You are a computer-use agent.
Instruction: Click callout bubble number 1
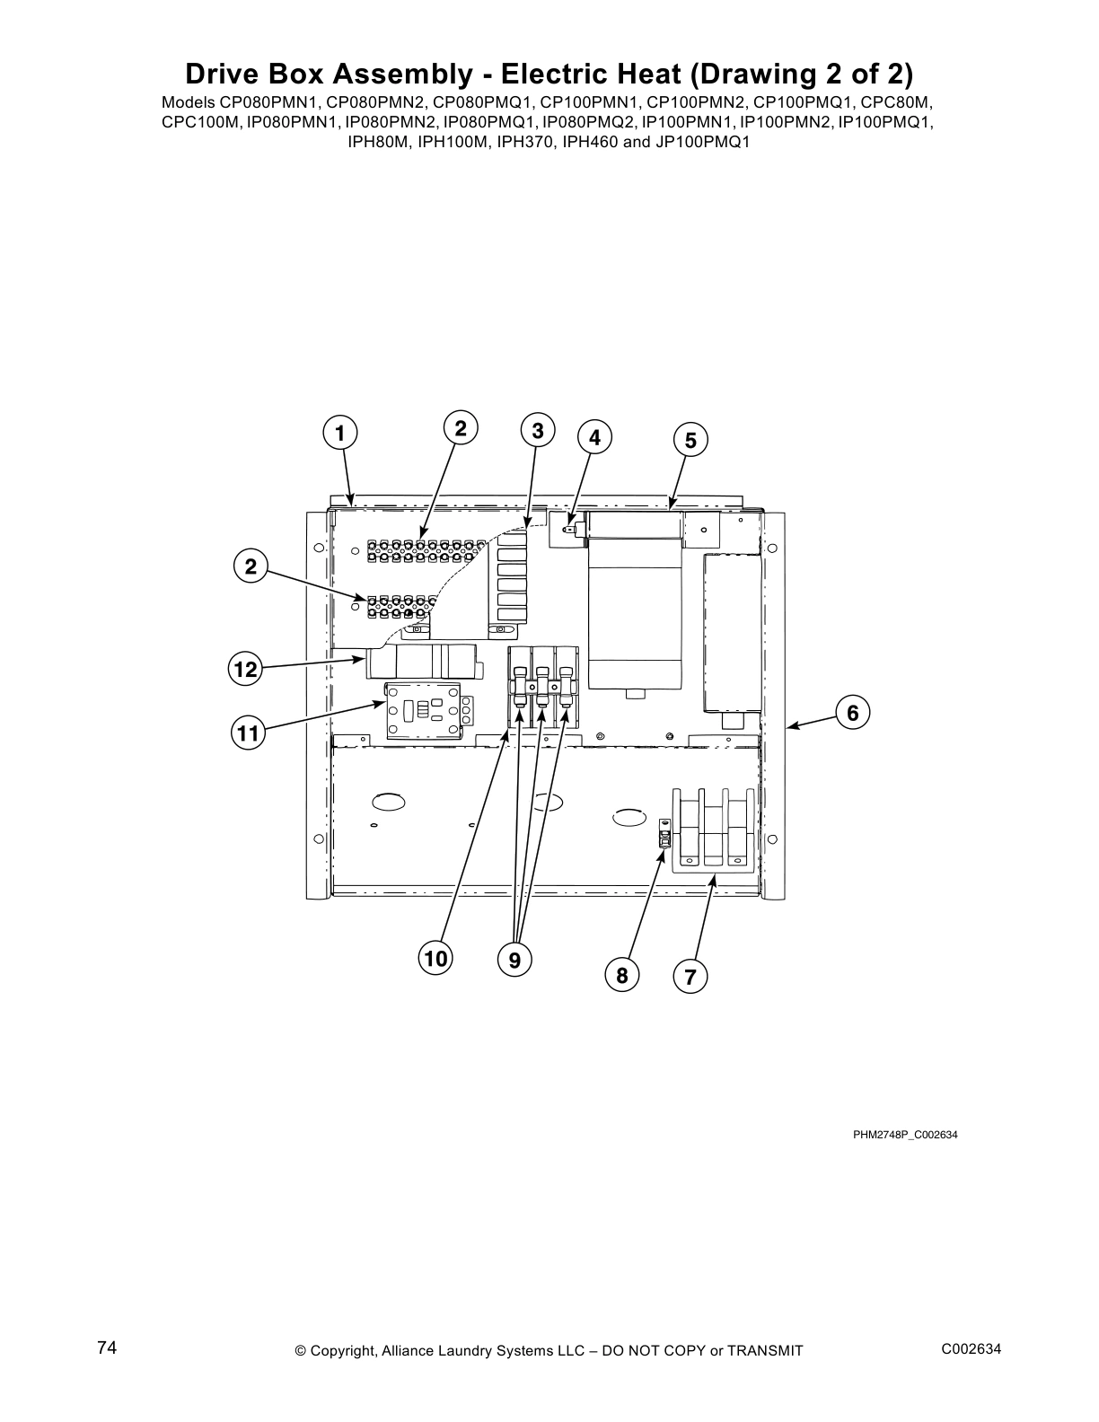339,434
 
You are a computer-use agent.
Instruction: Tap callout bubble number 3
537,431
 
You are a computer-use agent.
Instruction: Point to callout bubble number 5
690,440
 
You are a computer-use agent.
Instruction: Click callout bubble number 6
852,713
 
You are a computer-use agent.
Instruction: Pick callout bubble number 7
690,977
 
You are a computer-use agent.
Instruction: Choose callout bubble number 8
621,974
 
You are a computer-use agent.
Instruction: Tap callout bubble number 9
514,961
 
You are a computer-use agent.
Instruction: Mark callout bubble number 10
435,959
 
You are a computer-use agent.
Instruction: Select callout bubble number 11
247,734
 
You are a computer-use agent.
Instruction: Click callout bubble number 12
245,669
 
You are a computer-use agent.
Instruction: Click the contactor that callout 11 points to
422,710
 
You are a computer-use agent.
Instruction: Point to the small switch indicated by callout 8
665,835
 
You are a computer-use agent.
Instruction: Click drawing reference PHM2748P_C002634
905,1135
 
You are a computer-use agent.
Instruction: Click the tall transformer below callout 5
637,601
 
